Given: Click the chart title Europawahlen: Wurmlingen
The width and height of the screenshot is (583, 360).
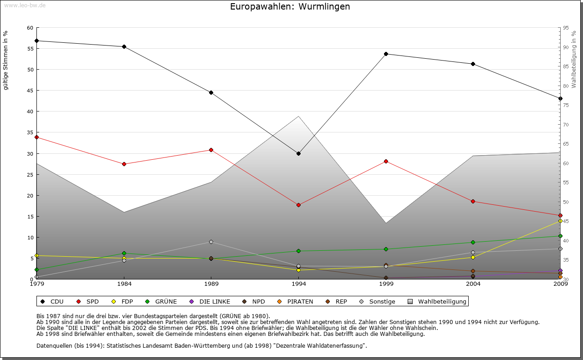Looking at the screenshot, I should (x=290, y=6).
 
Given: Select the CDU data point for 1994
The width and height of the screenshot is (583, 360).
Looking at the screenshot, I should (x=298, y=153).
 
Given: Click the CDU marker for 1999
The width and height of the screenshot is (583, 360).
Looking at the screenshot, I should (x=386, y=54).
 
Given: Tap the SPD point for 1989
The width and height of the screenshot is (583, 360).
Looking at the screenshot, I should (x=211, y=150).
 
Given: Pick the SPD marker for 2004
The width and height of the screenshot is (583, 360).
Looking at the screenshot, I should (x=473, y=201).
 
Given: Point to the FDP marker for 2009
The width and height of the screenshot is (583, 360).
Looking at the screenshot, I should (x=560, y=221).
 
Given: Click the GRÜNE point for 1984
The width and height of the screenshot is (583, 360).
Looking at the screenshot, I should (x=124, y=253).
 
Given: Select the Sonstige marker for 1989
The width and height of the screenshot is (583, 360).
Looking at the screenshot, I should (x=211, y=242).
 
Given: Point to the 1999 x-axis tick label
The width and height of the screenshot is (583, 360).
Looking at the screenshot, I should (x=386, y=284).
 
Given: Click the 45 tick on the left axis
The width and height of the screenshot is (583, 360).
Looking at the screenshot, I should (x=30, y=91).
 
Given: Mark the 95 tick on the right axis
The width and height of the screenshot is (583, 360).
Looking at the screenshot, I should (x=566, y=28).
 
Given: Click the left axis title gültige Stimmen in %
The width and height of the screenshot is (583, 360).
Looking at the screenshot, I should (x=6, y=60).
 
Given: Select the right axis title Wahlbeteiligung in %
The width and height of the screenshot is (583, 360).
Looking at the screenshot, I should (x=574, y=60).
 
